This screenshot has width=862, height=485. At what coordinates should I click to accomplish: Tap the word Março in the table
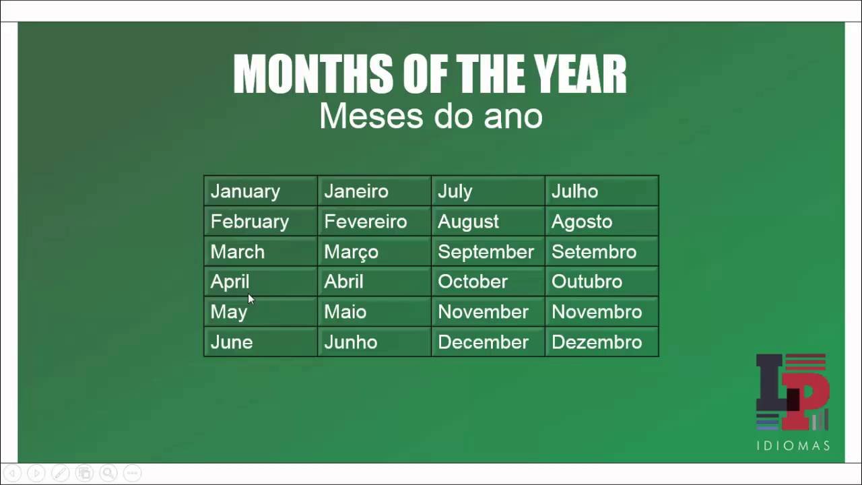pos(351,252)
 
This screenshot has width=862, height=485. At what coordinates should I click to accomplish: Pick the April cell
pos(230,282)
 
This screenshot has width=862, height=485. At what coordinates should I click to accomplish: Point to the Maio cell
pos(345,312)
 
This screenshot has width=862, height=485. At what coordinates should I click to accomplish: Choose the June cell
pos(231,342)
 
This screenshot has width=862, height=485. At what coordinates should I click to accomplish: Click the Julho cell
pos(574,191)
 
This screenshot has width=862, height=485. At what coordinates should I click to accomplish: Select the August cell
pos(468,222)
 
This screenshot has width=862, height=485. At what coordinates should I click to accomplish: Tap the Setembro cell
pos(593,252)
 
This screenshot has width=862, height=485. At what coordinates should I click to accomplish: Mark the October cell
pos(472,282)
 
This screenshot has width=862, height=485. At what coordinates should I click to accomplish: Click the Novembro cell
pos(596,312)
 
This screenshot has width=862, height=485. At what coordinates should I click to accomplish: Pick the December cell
pos(483,342)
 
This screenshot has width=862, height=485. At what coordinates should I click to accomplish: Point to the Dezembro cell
pos(596,342)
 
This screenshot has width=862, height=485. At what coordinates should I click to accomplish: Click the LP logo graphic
pos(792,392)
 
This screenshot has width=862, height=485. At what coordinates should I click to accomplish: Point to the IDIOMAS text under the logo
pos(793,446)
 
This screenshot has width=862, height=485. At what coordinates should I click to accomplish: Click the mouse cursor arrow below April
pos(251,298)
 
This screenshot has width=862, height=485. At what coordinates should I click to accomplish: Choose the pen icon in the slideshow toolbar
pos(59,473)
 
